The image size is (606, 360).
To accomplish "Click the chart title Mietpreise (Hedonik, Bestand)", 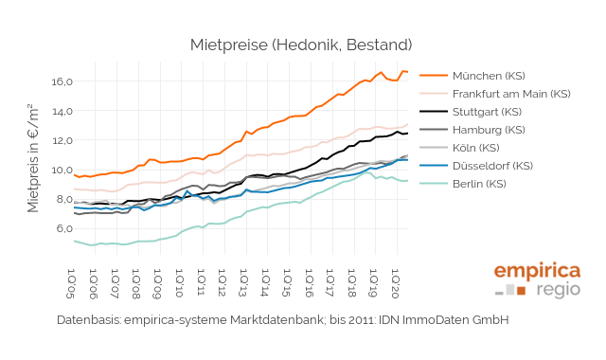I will point(301,45).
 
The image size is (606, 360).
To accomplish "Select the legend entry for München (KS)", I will point(488,76).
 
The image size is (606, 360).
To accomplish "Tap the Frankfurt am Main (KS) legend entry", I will point(511,94).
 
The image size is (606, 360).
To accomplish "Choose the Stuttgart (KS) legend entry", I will point(489,112).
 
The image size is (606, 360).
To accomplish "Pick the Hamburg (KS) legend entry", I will point(488,130).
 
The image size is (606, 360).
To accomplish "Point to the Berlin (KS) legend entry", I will point(479,184).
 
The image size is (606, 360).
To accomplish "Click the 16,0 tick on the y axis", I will point(62,81).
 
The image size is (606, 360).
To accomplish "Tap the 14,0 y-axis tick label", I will point(62,111).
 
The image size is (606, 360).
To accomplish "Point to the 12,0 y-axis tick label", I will point(62,140).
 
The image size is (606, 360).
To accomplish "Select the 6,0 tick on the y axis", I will point(62,228).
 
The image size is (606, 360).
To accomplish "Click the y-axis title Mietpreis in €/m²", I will point(34,162).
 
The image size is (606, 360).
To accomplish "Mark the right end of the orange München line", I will point(408,72).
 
